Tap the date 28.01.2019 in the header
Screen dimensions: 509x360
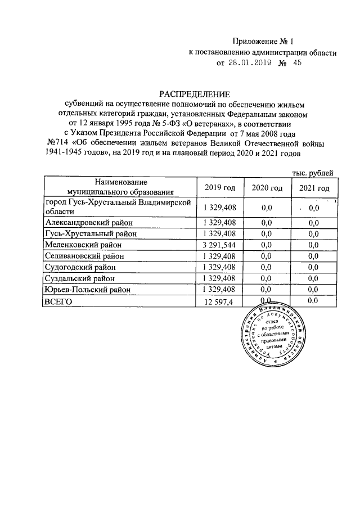point(251,64)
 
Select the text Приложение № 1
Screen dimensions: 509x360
point(263,41)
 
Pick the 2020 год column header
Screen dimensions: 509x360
point(267,188)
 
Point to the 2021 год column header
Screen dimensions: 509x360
point(314,188)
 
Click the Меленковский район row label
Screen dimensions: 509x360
point(81,245)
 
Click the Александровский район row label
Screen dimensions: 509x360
point(85,223)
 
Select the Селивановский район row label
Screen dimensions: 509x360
point(83,256)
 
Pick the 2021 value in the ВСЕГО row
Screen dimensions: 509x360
point(314,301)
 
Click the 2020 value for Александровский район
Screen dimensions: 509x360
point(267,223)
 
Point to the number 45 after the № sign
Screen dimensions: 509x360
point(298,64)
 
